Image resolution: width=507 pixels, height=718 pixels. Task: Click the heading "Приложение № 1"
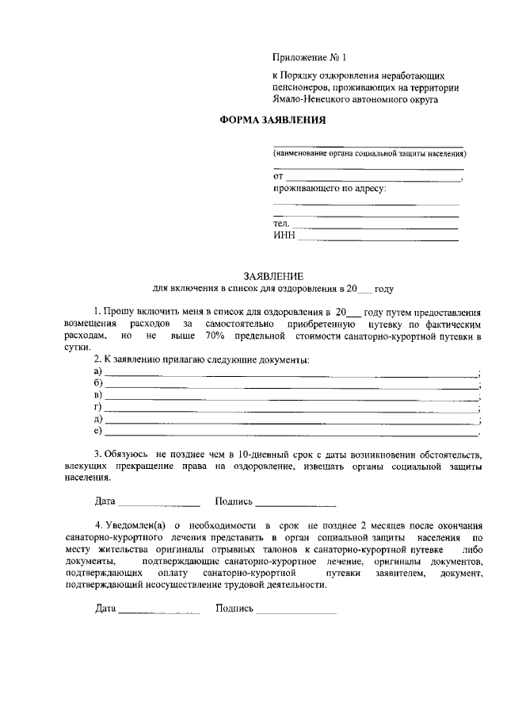(x=310, y=58)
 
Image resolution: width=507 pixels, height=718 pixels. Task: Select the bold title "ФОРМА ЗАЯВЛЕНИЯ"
(x=272, y=120)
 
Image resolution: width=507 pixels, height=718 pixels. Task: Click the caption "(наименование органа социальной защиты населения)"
(x=369, y=152)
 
